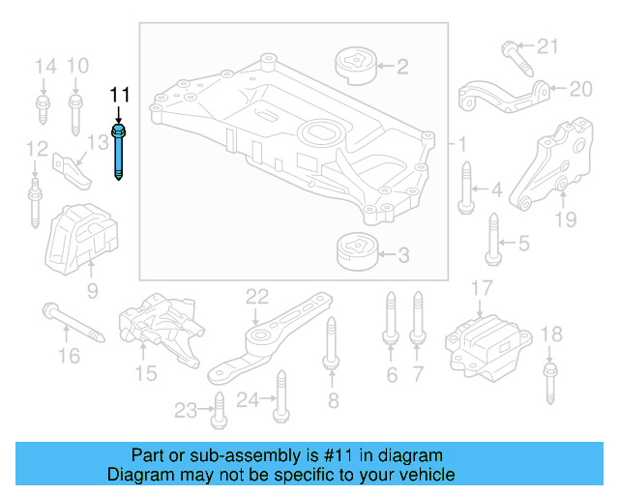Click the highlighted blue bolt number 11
click(x=119, y=151)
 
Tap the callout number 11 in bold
click(x=118, y=95)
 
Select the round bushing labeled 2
click(x=354, y=67)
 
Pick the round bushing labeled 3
click(x=354, y=255)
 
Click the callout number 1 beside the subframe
click(x=462, y=144)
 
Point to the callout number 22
click(x=256, y=296)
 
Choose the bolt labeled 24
click(x=280, y=398)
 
